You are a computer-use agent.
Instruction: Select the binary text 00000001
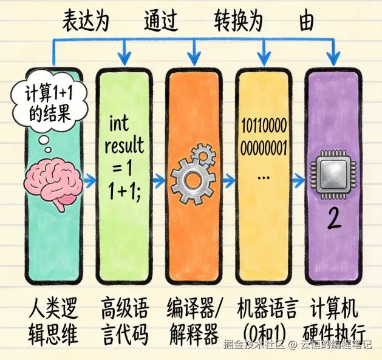click(264, 146)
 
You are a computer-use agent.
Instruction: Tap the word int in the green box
click(119, 124)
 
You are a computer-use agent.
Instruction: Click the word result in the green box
click(124, 146)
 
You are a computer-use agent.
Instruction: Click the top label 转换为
click(238, 21)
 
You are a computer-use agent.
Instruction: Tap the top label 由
click(307, 21)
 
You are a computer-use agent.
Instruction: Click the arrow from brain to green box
click(89, 180)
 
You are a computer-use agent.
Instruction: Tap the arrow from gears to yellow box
click(228, 180)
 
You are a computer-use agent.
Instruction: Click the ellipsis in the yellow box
click(263, 178)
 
